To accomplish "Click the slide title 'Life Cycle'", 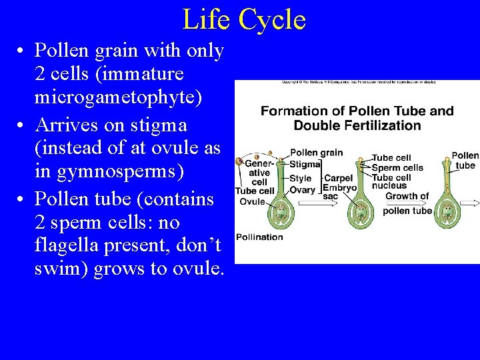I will (243, 19).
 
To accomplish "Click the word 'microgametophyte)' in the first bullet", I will (118, 97).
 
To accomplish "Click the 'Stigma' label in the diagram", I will (305, 165).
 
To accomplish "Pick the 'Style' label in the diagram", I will (301, 178).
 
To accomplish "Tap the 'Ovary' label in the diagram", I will (302, 190).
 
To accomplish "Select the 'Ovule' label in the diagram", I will (252, 201).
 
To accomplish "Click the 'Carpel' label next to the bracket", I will (338, 178).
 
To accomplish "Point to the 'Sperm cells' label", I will (397, 168).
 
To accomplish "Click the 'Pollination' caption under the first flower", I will (259, 237).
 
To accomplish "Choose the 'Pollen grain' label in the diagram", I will (316, 153).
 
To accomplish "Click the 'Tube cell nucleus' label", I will (391, 181).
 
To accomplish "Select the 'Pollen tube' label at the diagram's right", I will (465, 160).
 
